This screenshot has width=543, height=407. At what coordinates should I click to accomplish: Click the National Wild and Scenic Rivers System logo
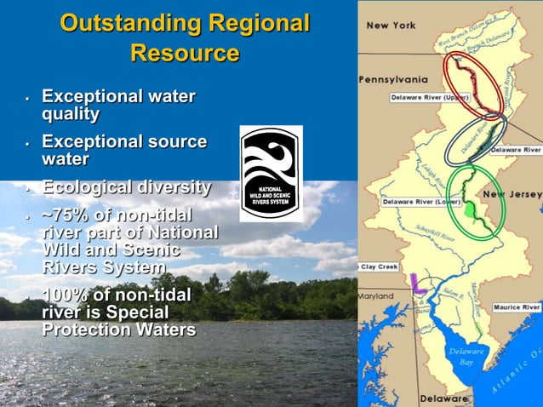[271, 173]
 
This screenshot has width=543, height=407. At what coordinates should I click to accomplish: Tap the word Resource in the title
[185, 53]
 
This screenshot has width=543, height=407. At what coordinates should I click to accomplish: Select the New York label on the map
[391, 26]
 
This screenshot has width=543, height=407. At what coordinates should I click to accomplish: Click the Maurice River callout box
[516, 307]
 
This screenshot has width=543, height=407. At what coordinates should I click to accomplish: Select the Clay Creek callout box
[378, 267]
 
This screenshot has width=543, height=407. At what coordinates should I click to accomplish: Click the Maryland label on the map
[376, 296]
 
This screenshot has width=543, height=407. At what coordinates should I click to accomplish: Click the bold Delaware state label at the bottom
[444, 398]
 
